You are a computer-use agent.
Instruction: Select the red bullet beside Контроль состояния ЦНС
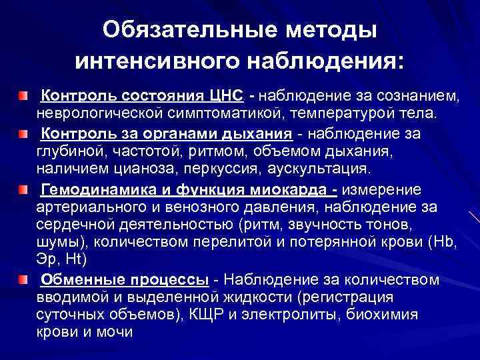point(24,97)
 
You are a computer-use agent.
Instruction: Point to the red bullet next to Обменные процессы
point(24,277)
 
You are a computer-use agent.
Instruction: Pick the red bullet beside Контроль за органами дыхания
point(24,134)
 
